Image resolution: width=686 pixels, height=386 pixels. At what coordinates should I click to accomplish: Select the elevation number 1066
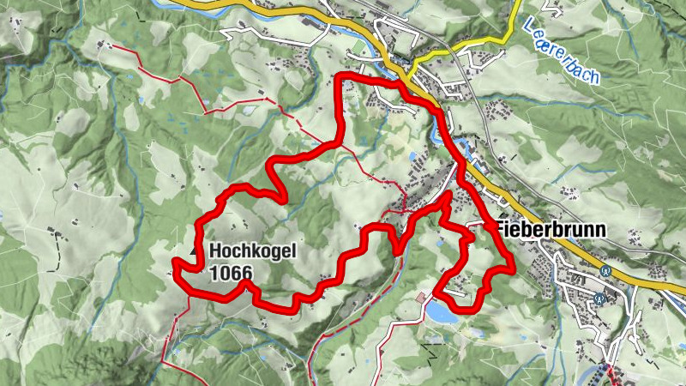pos(229,273)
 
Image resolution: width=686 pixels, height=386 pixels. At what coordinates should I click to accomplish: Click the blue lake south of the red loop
pos(442,314)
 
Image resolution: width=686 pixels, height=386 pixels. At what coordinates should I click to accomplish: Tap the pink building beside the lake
pos(421,297)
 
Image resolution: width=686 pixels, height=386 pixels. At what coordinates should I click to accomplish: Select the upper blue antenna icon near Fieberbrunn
pos(606,268)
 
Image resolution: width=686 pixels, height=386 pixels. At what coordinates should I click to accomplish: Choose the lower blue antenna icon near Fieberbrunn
pos(599,299)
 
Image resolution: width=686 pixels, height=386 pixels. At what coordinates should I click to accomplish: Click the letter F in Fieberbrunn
pos(500,231)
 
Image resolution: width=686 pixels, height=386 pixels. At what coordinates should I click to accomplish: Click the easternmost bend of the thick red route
pos(512,268)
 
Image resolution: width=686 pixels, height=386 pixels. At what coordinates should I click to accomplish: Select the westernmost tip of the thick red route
pos(175,262)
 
